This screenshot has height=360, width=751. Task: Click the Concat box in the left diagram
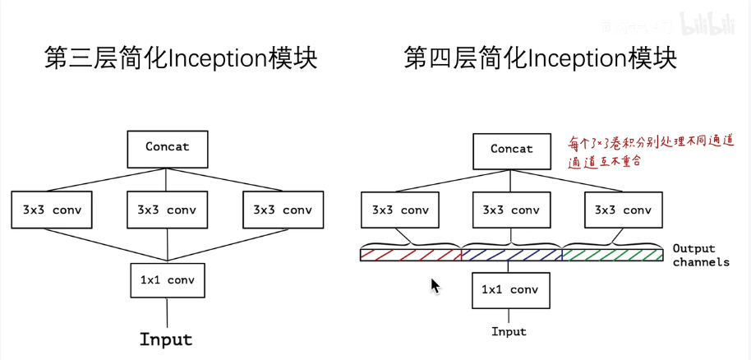coord(168,148)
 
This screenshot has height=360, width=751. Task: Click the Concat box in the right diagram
coord(512,150)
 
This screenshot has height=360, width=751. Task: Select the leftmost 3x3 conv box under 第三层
coord(51,210)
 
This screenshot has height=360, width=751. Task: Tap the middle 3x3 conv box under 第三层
coord(167,210)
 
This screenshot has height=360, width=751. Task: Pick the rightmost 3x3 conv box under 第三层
coord(283,210)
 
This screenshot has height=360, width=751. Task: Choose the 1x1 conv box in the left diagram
coord(168,280)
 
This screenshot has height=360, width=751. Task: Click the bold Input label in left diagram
coord(166,339)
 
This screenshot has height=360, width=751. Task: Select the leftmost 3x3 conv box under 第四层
coord(399,210)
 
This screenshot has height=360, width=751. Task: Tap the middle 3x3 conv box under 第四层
coord(511,210)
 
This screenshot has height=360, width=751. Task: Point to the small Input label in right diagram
coord(509,332)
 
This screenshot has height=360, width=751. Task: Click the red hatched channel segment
coord(411,255)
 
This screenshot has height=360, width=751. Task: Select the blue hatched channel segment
coord(511,255)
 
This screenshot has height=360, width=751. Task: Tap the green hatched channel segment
coord(613,255)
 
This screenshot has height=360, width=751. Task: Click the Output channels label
coord(700,255)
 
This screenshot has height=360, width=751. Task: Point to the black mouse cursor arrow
coord(435,285)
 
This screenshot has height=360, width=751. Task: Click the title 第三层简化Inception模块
coord(180,60)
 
